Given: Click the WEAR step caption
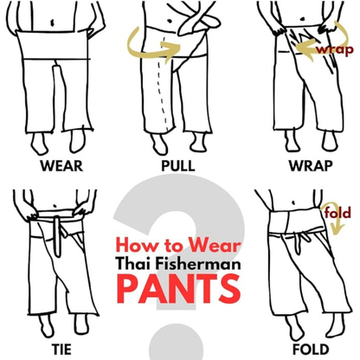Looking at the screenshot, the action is (x=61, y=166).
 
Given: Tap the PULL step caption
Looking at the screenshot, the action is (x=178, y=166).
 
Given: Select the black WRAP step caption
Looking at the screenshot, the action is (x=311, y=166).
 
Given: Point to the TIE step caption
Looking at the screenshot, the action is (x=62, y=350).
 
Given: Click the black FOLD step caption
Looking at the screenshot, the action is (x=311, y=350).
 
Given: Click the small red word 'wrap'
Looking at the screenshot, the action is (x=335, y=49).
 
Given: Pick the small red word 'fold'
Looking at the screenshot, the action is (x=337, y=213).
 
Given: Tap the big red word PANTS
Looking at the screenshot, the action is (x=178, y=289).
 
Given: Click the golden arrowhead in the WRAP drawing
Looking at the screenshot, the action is (x=302, y=49).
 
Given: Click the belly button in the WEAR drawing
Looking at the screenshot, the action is (x=52, y=22).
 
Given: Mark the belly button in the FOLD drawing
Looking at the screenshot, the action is (x=293, y=202).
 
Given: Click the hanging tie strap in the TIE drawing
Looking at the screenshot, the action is (x=58, y=236).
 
